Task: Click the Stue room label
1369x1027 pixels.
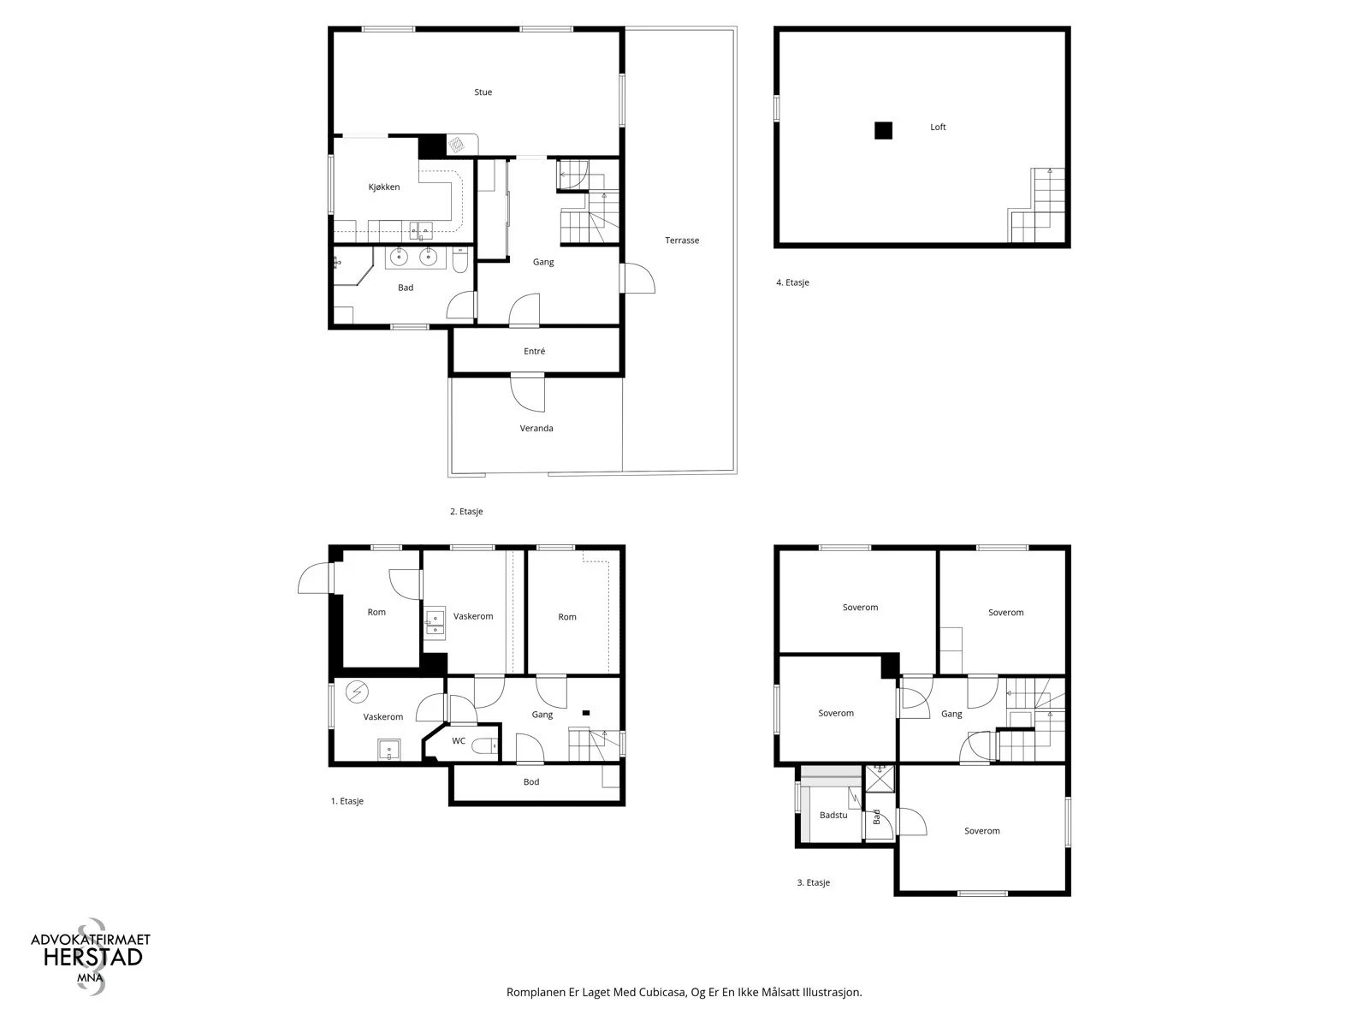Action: pos(483,92)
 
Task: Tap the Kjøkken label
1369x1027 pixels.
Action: pos(383,187)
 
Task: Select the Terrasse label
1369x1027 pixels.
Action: pos(682,240)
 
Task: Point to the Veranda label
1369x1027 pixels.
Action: pos(536,429)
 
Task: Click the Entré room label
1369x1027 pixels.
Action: pos(535,351)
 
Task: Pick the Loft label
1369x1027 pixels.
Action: pos(938,128)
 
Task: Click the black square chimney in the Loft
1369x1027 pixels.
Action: pos(883,130)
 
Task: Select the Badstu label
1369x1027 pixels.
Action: pos(833,815)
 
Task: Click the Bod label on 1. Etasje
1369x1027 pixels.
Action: pos(531,782)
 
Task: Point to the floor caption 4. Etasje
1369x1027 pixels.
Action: pos(792,282)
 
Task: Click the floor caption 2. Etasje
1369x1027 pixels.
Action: pos(466,511)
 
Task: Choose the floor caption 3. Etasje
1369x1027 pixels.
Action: pos(814,882)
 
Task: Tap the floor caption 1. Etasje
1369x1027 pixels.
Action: pos(347,801)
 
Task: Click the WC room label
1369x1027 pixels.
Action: pos(459,741)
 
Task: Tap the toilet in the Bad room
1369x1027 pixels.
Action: pos(460,260)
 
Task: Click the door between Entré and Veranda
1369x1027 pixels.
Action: pos(528,393)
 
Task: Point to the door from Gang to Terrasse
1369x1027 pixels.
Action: pos(637,278)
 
